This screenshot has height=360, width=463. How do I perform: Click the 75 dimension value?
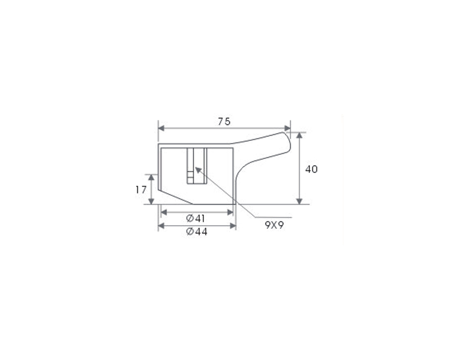(x=224, y=121)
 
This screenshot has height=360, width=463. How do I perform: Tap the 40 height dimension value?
(x=311, y=169)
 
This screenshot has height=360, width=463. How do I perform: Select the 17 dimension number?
(x=141, y=190)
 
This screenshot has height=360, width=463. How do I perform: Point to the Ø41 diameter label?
(x=195, y=219)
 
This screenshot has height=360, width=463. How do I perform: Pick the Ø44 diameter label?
(x=197, y=232)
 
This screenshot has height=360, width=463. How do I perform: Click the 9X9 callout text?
(x=274, y=225)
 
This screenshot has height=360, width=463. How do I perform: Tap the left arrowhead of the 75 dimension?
(x=162, y=129)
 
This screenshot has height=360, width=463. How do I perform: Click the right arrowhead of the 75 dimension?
(x=287, y=129)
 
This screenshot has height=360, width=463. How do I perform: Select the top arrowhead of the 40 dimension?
(x=299, y=135)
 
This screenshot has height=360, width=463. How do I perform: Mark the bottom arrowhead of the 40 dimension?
(x=299, y=201)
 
